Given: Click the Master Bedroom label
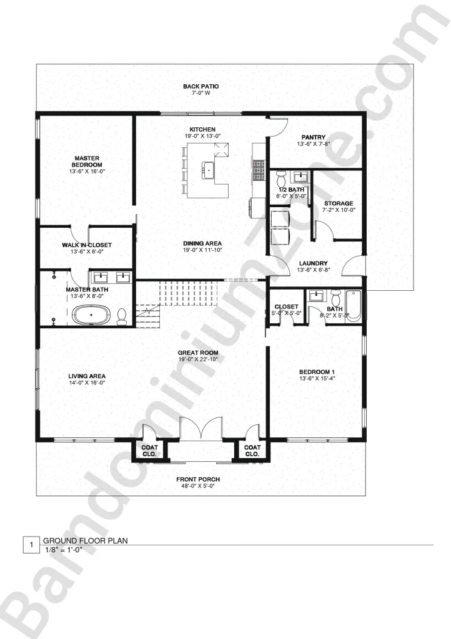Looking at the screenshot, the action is (x=87, y=162).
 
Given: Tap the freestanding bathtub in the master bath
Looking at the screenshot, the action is (x=91, y=315).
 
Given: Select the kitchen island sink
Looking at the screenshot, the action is (x=208, y=168).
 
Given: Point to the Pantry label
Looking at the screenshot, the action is (x=313, y=137).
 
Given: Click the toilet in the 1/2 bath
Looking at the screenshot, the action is (x=281, y=178).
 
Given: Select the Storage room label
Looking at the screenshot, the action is (x=339, y=203).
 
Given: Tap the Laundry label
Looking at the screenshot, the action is (x=313, y=263).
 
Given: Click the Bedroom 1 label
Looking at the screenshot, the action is (x=317, y=372).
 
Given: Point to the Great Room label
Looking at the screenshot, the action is (x=198, y=353).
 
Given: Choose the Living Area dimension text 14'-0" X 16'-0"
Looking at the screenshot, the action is (x=87, y=383).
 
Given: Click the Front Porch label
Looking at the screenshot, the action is (x=198, y=479).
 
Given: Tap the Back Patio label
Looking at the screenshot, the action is (x=201, y=86).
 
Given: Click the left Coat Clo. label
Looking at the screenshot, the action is (x=150, y=451).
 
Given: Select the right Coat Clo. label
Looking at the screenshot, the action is (x=252, y=451).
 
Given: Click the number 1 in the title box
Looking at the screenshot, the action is (x=31, y=544).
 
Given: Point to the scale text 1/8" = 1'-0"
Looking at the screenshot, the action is (x=63, y=550).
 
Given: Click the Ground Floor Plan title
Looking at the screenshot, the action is (x=86, y=541).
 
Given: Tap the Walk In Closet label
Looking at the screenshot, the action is (x=87, y=245).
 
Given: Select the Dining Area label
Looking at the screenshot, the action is (x=202, y=243).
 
